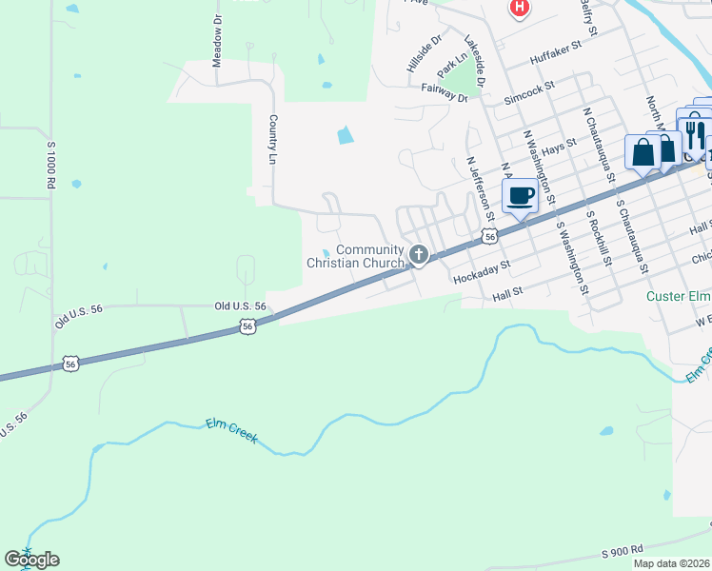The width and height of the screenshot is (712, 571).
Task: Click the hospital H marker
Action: tap(519, 9)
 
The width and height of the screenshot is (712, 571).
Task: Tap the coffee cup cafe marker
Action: tap(520, 196)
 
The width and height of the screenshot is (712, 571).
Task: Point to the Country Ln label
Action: tap(273, 139)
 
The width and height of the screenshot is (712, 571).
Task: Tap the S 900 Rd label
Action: tap(623, 550)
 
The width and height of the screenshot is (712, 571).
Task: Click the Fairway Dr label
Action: tap(445, 93)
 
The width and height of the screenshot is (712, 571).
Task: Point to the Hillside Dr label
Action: tap(424, 55)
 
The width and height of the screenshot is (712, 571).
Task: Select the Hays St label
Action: tap(560, 145)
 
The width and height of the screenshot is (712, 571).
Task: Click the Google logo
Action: tap(31, 560)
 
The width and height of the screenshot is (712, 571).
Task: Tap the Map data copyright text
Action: tap(671, 563)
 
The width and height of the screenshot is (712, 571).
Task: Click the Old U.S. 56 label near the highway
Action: tap(240, 306)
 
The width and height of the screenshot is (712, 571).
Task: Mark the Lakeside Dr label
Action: tap(475, 61)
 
